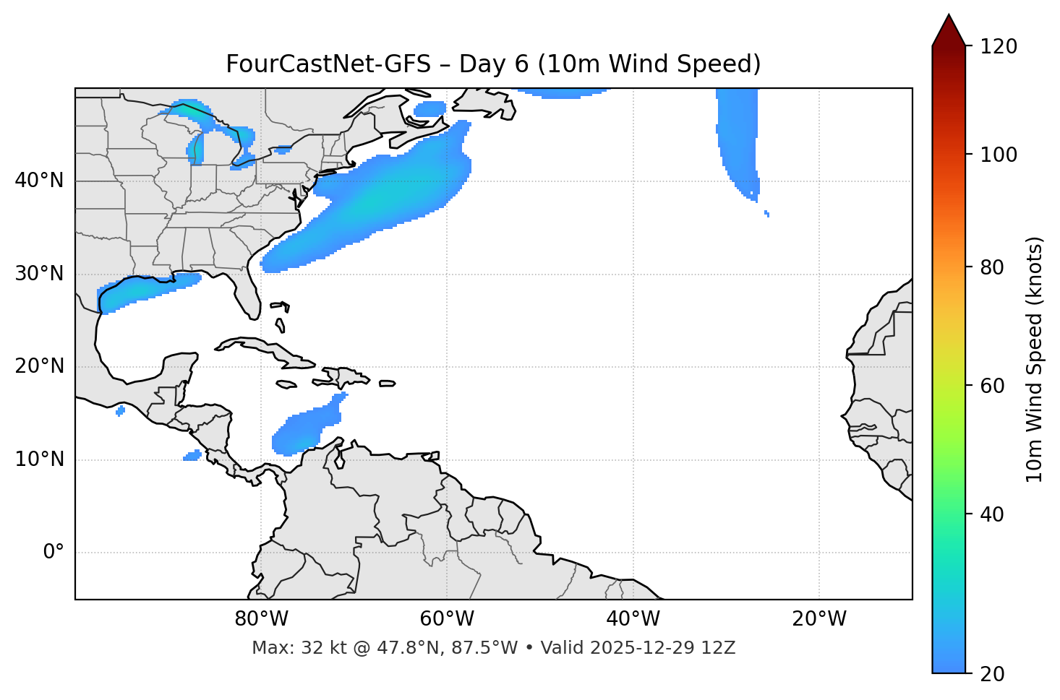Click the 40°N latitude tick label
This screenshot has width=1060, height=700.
tap(39, 181)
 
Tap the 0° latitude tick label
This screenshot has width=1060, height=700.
tap(54, 553)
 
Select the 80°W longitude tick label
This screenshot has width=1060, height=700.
tap(261, 619)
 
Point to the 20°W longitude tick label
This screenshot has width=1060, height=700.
tap(819, 619)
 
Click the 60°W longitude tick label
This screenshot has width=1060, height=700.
tap(447, 619)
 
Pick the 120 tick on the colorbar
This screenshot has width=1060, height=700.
tap(999, 47)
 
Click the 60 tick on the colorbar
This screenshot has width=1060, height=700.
tap(993, 386)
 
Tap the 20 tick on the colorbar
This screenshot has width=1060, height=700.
tap(993, 674)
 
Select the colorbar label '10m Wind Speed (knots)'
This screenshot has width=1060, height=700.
tap(1035, 359)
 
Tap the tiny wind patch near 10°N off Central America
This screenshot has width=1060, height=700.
tap(192, 455)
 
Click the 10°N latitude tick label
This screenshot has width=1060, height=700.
tap(39, 459)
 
